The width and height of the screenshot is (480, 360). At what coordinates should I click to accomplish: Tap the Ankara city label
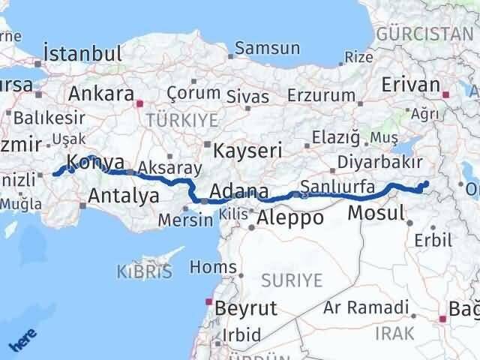click(99, 94)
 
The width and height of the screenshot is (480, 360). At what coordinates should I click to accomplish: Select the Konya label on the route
click(96, 160)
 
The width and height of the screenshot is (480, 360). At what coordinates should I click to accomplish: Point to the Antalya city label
click(124, 196)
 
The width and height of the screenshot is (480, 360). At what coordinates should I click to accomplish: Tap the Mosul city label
click(377, 214)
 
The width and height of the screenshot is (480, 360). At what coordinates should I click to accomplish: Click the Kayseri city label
click(247, 150)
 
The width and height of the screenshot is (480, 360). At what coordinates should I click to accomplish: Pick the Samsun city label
click(267, 49)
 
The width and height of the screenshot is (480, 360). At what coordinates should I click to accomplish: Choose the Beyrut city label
click(245, 307)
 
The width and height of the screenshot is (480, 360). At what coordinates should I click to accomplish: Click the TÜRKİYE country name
click(181, 120)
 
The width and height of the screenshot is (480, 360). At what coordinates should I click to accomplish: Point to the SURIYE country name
click(292, 280)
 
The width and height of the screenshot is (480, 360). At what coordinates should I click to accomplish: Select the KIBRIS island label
click(144, 271)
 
